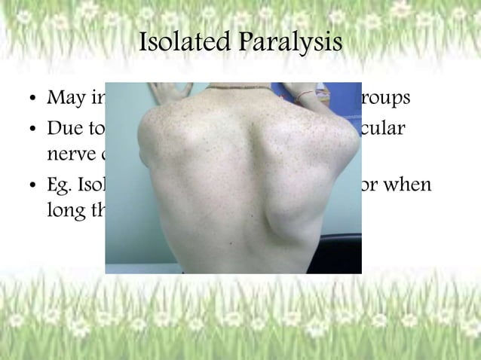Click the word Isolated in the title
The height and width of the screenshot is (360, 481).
coord(183,44)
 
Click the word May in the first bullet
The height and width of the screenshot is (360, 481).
coord(65,99)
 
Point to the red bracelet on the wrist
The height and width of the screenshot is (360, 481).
coord(303,96)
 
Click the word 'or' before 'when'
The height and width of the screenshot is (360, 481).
coord(373,185)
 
